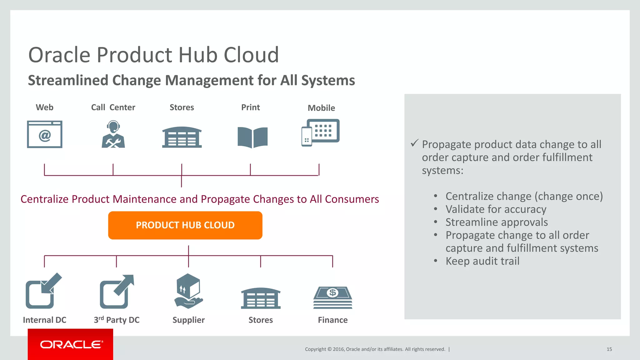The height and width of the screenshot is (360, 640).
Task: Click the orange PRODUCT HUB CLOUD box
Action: click(185, 225)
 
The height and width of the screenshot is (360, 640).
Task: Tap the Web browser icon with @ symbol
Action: click(45, 134)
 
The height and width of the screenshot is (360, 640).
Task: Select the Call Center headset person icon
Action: click(113, 134)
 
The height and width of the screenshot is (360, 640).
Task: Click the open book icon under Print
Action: click(252, 137)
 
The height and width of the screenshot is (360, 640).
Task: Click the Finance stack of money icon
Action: click(333, 297)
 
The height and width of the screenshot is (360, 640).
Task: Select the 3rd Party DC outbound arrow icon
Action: click(117, 292)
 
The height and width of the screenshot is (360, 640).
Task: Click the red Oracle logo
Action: click(71, 344)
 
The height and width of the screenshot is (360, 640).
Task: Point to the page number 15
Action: click(609, 349)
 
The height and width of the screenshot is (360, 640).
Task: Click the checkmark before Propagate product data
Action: click(414, 143)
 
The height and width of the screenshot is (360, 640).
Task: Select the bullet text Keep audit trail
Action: click(482, 261)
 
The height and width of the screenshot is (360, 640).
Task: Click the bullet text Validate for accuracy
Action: click(496, 209)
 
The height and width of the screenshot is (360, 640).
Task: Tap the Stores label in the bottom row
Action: click(261, 320)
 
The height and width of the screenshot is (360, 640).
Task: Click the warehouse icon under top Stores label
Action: click(182, 137)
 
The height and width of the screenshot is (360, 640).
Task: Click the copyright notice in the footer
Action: click(375, 349)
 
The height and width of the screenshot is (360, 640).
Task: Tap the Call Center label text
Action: click(113, 107)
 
